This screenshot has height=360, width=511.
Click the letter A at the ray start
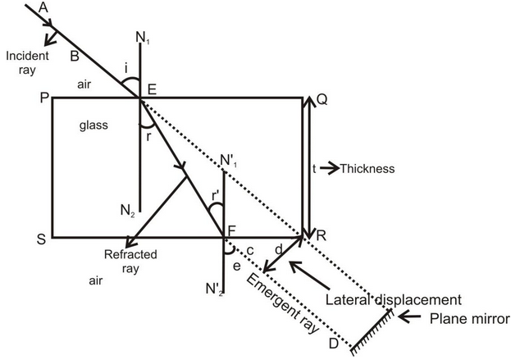tap(43, 7)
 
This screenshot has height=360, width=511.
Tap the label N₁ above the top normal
tap(143, 38)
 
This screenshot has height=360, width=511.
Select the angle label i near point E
tap(126, 69)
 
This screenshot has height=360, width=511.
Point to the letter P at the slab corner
tap(44, 98)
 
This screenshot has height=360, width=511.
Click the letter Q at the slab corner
tap(322, 100)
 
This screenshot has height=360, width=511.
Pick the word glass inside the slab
tap(94, 125)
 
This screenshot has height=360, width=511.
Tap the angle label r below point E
tap(148, 137)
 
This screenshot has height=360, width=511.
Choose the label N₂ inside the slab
tap(128, 211)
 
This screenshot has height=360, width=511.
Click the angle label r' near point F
tap(217, 196)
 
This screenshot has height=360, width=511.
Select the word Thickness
tap(367, 169)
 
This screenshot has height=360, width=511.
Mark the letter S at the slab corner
tap(41, 239)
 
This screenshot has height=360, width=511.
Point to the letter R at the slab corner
tap(321, 235)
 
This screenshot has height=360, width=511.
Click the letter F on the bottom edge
tap(231, 231)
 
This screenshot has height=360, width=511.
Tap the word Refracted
tap(130, 254)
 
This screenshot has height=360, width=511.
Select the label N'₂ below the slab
tap(214, 289)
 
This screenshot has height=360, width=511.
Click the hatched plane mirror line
tap(372, 331)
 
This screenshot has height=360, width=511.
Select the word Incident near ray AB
tap(27, 56)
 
